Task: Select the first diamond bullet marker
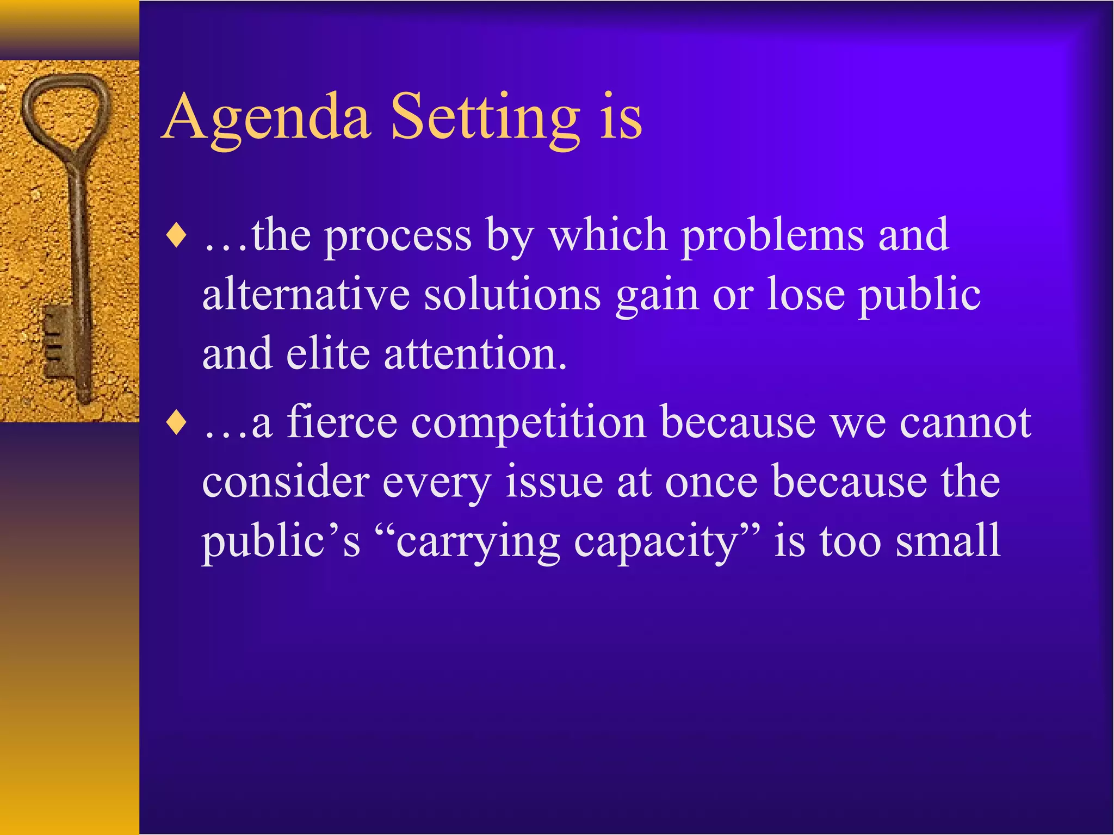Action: [177, 236]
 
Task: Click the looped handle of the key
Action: [65, 111]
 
